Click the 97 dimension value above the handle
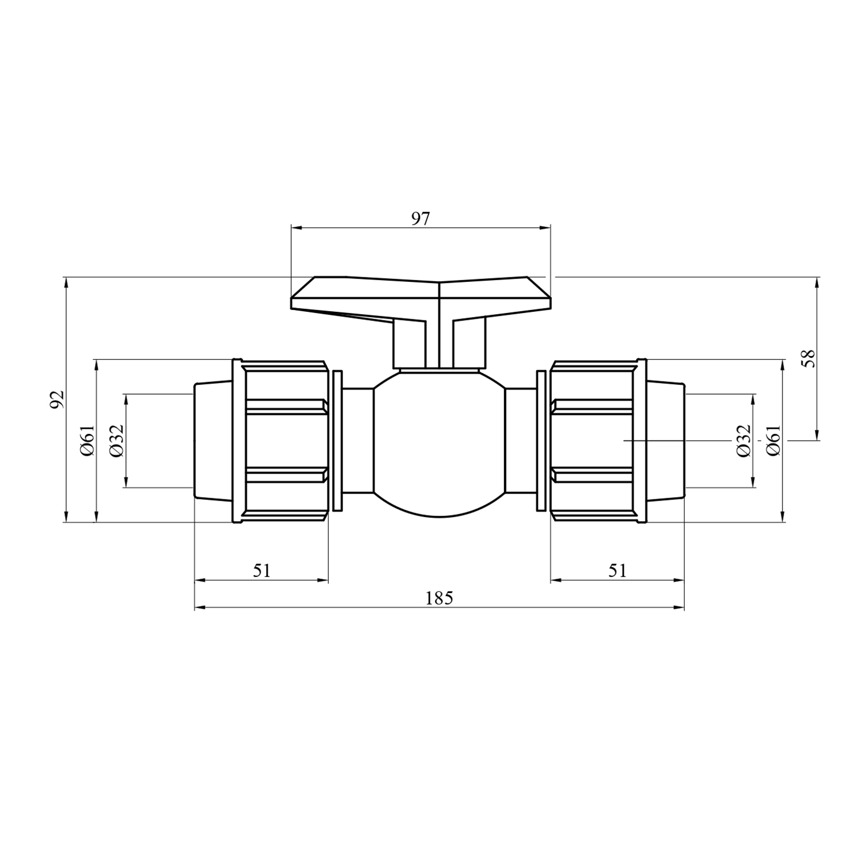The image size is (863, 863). (x=421, y=219)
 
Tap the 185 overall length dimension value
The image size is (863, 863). (x=440, y=598)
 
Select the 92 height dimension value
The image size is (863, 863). (x=56, y=400)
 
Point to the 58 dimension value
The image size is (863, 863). (x=809, y=358)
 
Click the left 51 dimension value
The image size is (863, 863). (x=262, y=571)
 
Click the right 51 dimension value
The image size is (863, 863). (x=617, y=571)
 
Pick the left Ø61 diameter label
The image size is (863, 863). (x=87, y=441)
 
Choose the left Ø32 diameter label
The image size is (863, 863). (x=116, y=441)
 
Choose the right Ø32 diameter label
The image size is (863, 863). (x=744, y=441)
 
